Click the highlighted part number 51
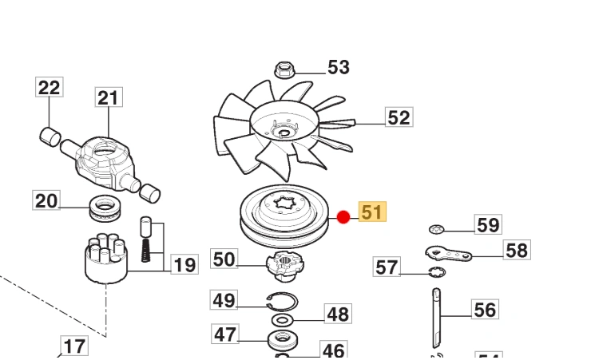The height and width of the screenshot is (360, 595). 372,212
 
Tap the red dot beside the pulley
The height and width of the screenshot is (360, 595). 343,217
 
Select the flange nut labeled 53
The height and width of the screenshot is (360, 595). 284,70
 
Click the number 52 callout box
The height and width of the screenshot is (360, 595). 399,117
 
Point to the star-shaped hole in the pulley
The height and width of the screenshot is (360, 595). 285,202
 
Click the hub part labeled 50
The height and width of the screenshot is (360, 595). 285,266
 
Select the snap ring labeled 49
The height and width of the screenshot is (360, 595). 282,301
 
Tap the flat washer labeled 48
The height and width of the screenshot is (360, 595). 282,320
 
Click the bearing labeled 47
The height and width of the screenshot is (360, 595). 283,340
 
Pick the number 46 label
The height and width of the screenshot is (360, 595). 334,350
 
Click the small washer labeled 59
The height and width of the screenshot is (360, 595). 436,229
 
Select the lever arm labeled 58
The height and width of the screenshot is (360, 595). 448,253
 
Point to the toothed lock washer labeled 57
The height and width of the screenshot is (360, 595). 437,272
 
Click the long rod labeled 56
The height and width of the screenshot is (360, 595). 436,318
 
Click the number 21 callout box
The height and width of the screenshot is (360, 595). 109,97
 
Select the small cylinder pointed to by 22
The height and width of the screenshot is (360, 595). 50,136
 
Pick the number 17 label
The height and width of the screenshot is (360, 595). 74,346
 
